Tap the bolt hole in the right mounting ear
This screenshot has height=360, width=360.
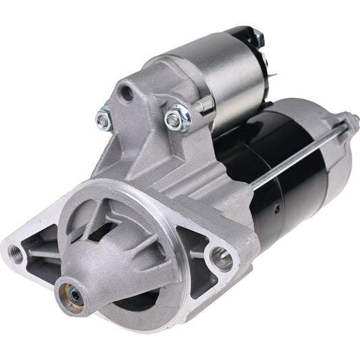tap(221, 258)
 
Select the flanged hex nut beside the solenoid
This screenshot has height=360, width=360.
tap(177, 116)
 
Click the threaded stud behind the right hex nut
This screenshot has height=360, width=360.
tap(203, 105)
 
